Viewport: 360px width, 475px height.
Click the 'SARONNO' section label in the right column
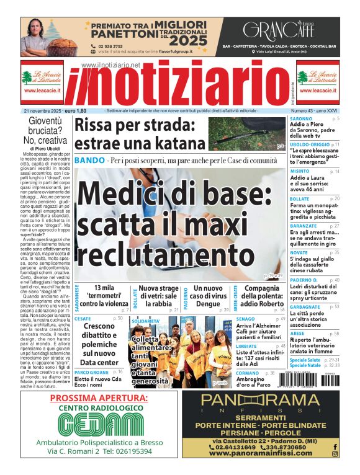pos(301,118)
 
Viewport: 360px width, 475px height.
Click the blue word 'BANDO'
pos(89,161)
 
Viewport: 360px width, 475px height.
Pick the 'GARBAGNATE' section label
pos(305,306)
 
